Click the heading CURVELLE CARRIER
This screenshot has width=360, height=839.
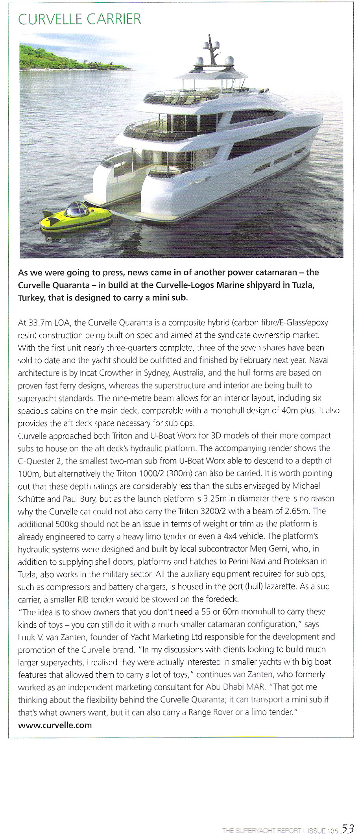[79, 19]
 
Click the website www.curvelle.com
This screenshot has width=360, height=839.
[55, 725]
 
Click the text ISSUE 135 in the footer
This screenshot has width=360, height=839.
[323, 830]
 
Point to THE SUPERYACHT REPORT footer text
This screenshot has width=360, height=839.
[262, 830]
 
